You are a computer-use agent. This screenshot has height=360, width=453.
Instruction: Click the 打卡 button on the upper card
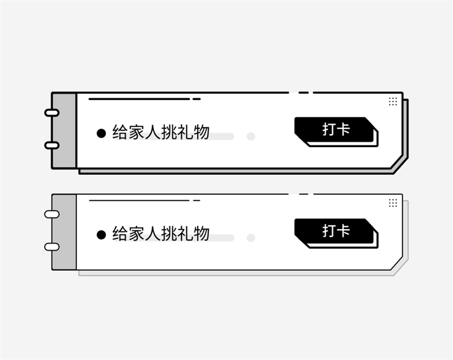point(335,129)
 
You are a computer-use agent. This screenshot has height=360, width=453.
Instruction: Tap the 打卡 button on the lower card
point(335,231)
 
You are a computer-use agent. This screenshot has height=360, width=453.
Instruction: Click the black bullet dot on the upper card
point(101,133)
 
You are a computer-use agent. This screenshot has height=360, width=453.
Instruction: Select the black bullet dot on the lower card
point(101,235)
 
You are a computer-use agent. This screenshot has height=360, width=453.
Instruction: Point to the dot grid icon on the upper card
point(393,101)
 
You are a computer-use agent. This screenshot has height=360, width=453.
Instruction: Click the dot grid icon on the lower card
point(393,203)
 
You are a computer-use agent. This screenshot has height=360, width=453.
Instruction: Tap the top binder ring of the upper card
point(52,113)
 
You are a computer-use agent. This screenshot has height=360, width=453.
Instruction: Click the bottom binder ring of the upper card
point(52,145)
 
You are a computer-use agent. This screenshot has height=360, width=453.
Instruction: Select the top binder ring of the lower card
point(52,214)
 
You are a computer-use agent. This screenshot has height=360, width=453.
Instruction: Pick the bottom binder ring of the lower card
point(52,247)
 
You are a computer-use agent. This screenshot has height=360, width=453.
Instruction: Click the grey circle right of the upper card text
point(251,136)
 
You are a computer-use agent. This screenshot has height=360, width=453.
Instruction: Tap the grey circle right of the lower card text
point(251,238)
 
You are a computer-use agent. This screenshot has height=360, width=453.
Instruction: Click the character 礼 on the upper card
point(185,132)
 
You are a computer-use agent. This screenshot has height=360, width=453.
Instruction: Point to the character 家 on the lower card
point(136,234)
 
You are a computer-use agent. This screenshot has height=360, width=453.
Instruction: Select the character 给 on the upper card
point(120,132)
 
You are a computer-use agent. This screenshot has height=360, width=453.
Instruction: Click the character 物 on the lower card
point(202,234)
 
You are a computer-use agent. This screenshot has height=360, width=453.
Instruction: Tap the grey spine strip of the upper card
point(64,130)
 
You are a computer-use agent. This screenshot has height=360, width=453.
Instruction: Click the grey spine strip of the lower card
point(64,232)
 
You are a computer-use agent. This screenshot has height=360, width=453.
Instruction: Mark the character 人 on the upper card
point(153,132)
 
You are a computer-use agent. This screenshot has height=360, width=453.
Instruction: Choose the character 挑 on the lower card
point(169,234)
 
